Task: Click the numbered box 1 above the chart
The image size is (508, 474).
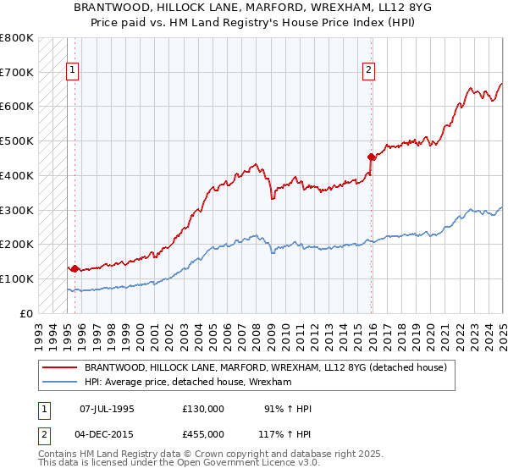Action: [74, 71]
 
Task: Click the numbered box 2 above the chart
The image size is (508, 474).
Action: [370, 71]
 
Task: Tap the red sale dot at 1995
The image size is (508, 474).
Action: [75, 268]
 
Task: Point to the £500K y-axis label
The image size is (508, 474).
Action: [17, 141]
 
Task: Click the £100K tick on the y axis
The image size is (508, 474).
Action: [17, 278]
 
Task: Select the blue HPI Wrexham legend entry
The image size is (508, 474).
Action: [187, 383]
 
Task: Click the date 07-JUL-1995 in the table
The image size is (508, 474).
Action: [107, 409]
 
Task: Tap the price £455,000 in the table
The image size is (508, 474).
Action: [203, 433]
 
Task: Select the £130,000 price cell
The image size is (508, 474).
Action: [203, 409]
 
